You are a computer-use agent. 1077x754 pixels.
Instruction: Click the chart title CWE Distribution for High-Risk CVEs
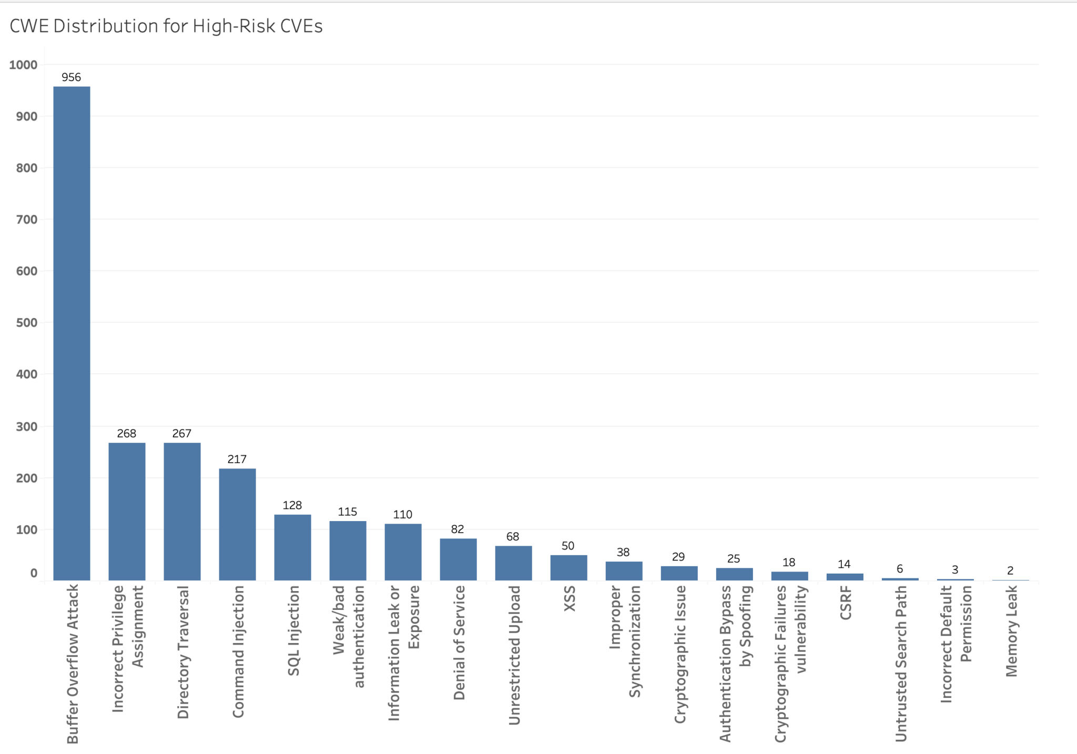(166, 26)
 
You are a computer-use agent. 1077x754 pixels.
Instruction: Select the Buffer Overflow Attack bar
(72, 333)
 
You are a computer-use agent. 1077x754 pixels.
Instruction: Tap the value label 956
(72, 77)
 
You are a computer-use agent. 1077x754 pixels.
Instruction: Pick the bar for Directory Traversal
(182, 512)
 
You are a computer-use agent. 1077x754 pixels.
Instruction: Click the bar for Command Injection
(237, 524)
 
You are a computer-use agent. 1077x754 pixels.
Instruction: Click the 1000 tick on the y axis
(23, 65)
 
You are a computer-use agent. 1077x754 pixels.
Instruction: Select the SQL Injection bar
(292, 547)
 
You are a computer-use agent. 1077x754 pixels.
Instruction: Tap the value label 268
(127, 433)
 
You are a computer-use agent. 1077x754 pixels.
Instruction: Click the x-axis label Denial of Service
(459, 643)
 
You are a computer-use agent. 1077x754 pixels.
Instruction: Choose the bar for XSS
(568, 567)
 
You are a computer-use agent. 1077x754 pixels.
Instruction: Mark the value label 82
(458, 529)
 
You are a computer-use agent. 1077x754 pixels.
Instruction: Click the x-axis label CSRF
(846, 603)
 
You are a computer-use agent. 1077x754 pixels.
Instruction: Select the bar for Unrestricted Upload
(513, 563)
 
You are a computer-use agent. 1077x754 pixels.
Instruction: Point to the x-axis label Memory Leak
(1011, 631)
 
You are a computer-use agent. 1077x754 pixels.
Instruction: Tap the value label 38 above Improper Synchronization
(623, 552)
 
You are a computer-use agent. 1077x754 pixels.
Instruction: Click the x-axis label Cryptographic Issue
(680, 654)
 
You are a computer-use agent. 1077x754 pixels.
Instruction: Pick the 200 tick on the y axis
(26, 478)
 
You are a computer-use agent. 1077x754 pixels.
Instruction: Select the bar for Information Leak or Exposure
(403, 552)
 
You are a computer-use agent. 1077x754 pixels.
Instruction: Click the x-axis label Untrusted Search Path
(901, 664)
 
